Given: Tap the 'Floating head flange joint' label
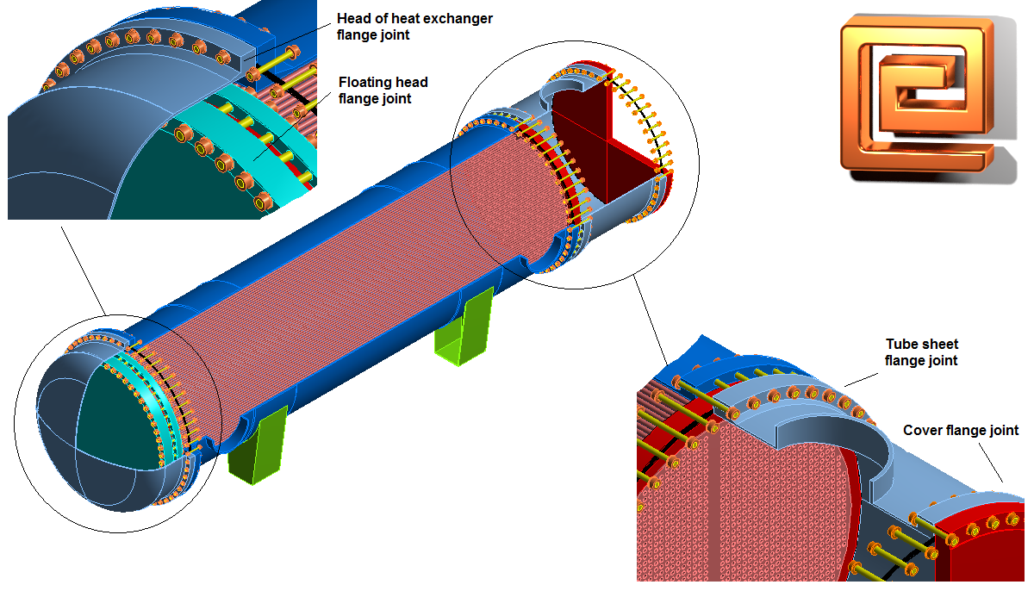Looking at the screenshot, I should coord(383,90).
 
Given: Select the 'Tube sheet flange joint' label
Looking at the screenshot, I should coord(921,352).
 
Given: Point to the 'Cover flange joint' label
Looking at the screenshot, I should coord(961,430).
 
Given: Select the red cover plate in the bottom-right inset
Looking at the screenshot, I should coord(982,543).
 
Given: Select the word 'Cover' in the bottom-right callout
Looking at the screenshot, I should coord(921,430).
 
